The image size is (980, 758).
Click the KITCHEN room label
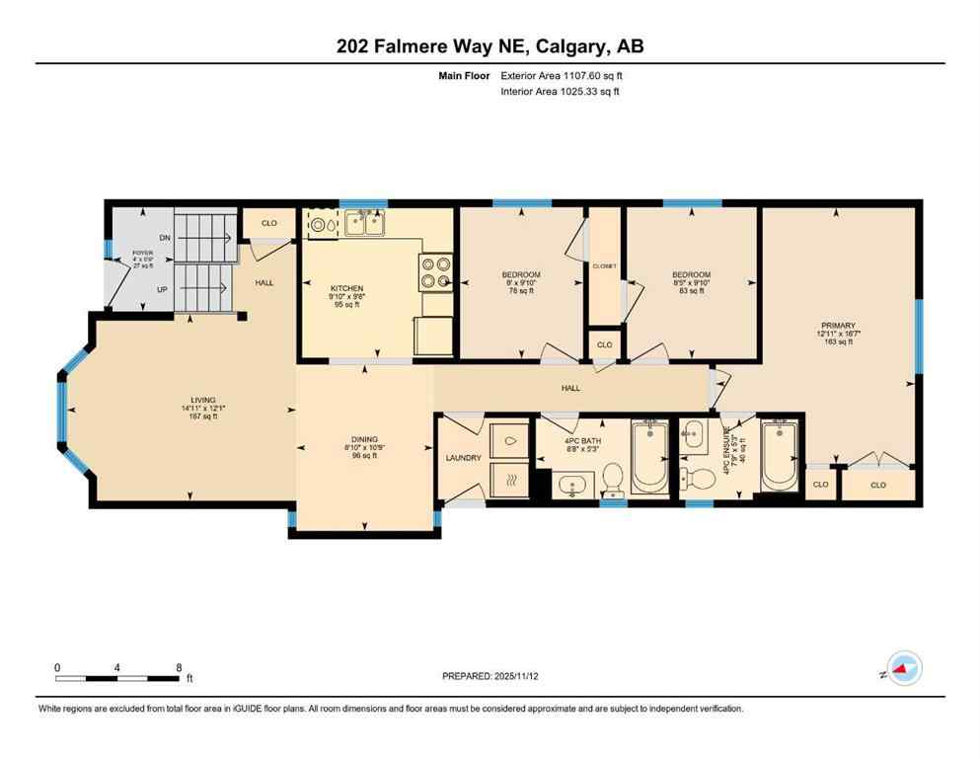(346, 287)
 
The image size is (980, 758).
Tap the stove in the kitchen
(434, 271)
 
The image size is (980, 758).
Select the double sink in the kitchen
(362, 224)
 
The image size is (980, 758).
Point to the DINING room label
(364, 439)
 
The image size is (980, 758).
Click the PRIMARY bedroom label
(837, 326)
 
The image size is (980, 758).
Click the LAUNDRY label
(463, 458)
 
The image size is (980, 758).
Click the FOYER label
(143, 253)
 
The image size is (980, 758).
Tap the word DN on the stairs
(164, 238)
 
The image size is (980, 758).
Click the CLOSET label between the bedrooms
(604, 265)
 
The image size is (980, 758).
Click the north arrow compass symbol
(904, 669)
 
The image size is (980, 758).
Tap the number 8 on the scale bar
(178, 668)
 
